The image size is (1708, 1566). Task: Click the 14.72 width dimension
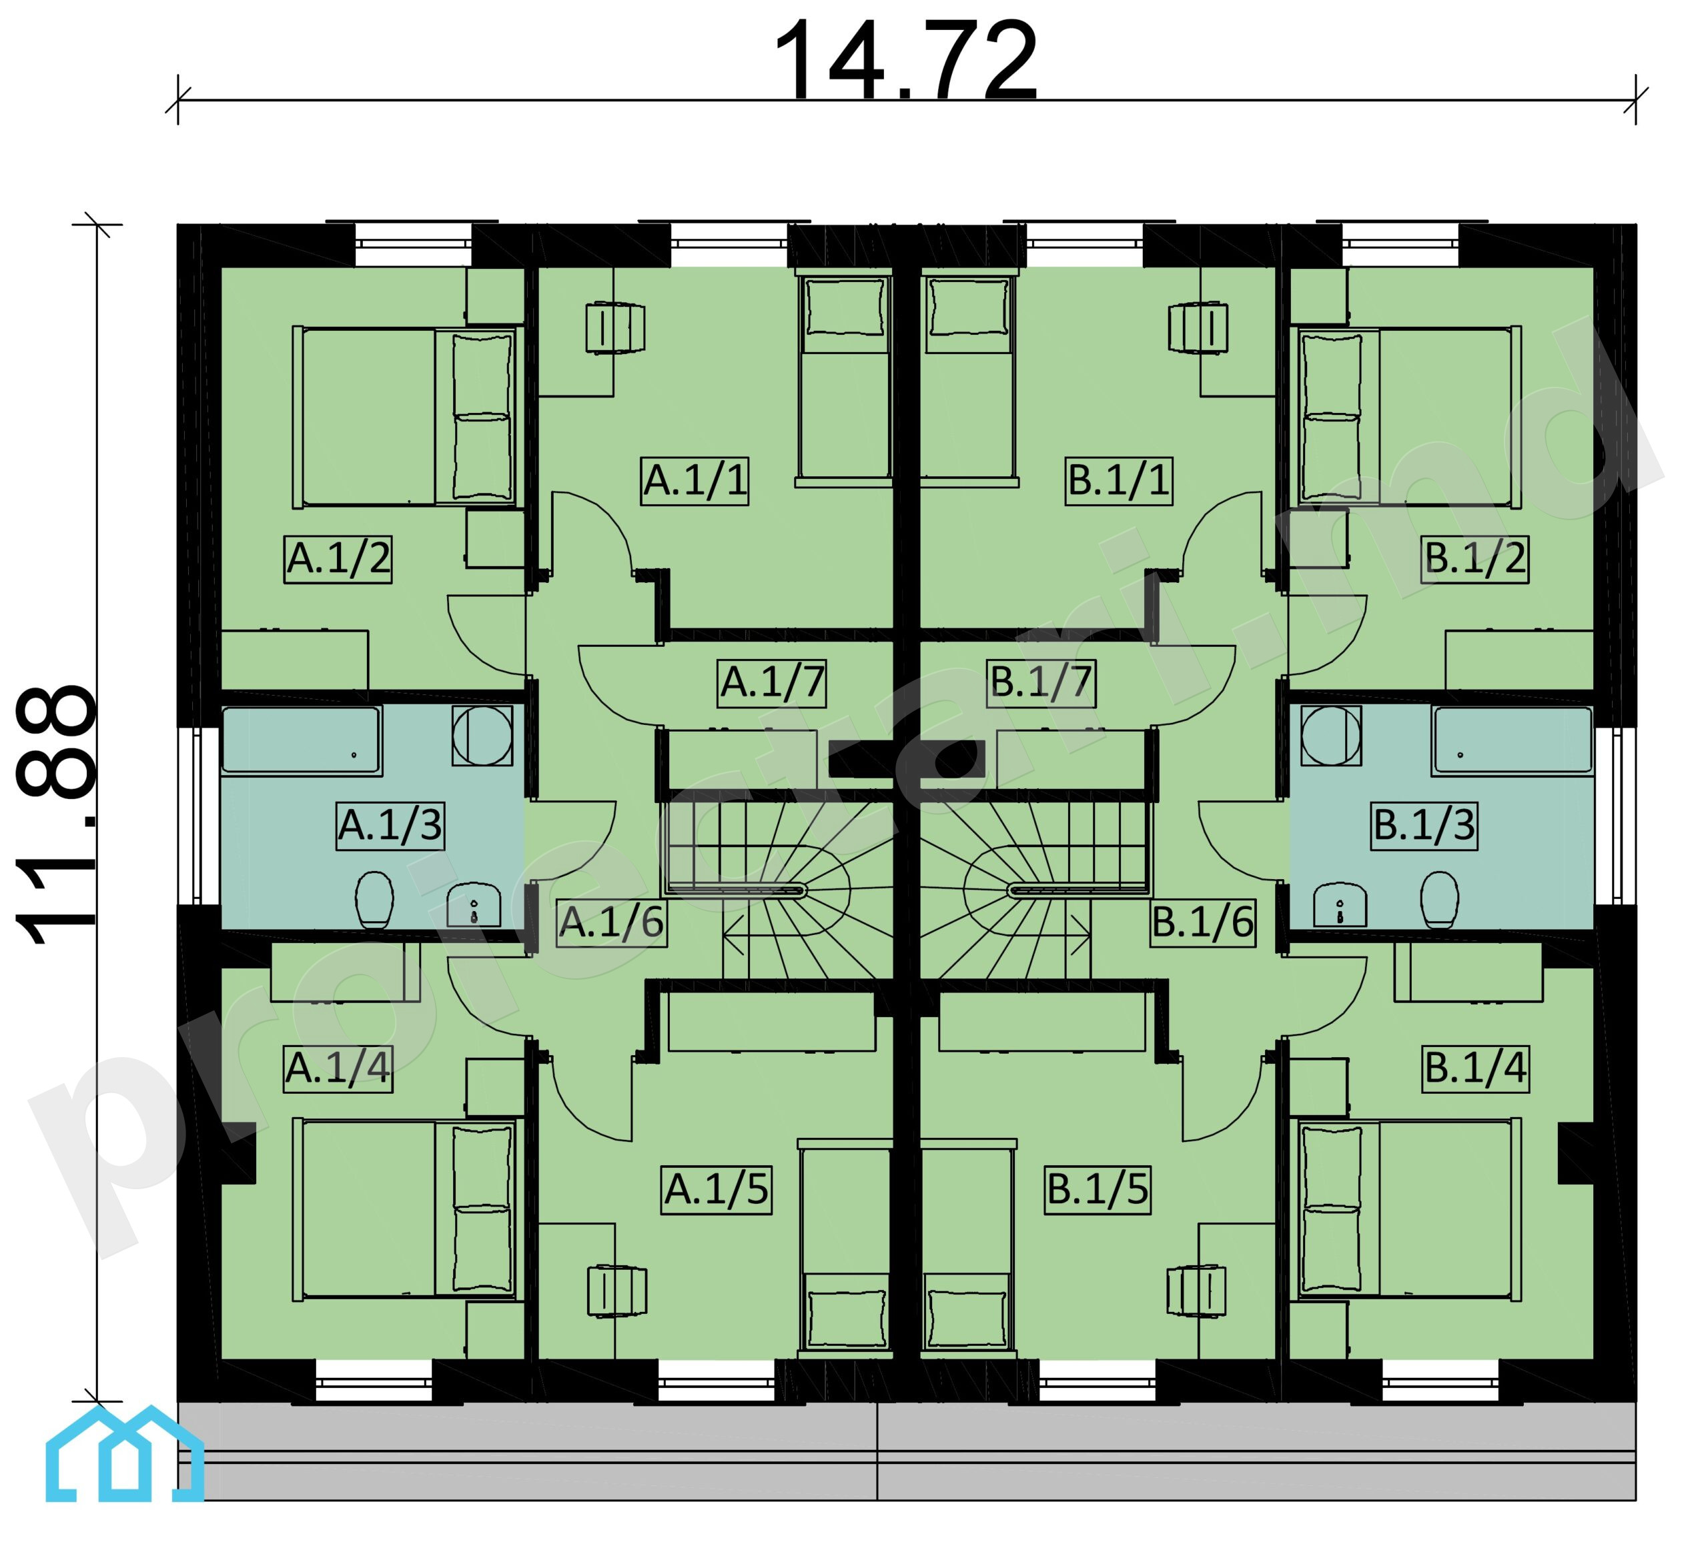(x=905, y=61)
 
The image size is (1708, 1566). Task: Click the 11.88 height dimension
(x=56, y=815)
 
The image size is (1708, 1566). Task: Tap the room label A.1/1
(x=695, y=480)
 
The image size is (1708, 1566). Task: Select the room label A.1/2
(x=338, y=558)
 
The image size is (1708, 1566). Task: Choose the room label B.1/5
(x=1098, y=1190)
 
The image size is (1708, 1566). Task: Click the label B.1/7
(x=1041, y=682)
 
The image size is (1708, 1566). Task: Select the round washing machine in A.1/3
(x=482, y=736)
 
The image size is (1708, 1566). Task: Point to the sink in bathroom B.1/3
(x=1339, y=906)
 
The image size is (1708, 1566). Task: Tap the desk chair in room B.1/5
(x=1196, y=1291)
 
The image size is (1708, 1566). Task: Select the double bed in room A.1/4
(x=405, y=1210)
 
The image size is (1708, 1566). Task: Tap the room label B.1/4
(x=1476, y=1068)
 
